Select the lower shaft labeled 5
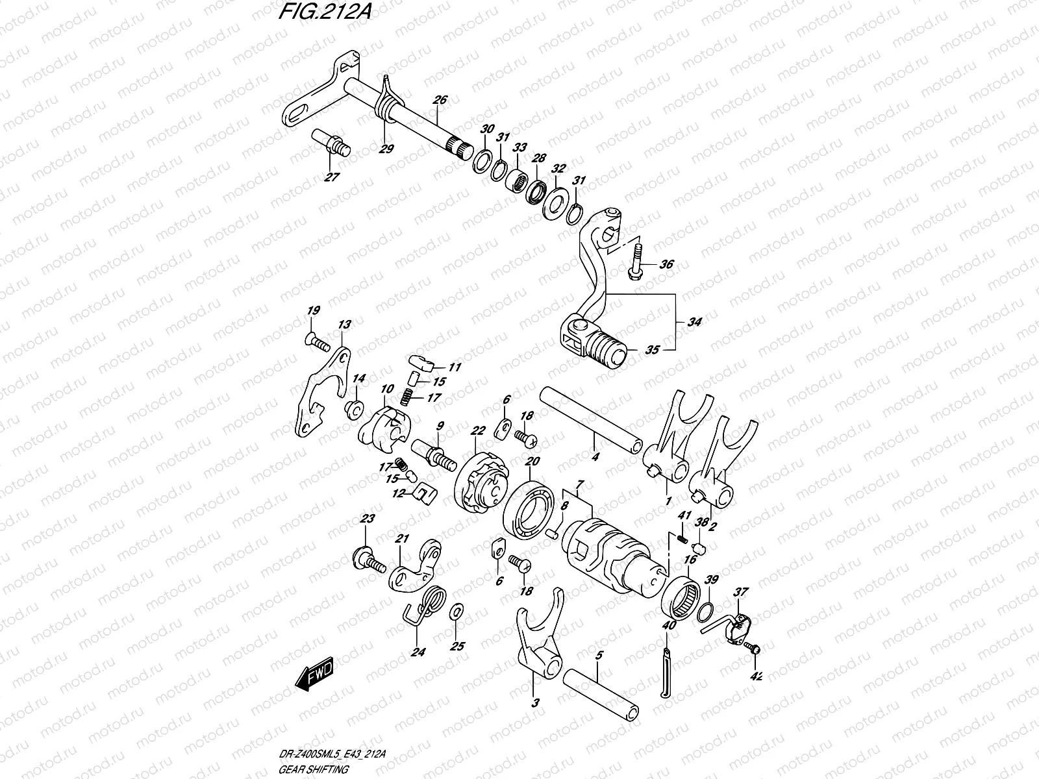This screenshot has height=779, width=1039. click(601, 691)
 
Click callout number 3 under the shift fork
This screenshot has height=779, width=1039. click(535, 702)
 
